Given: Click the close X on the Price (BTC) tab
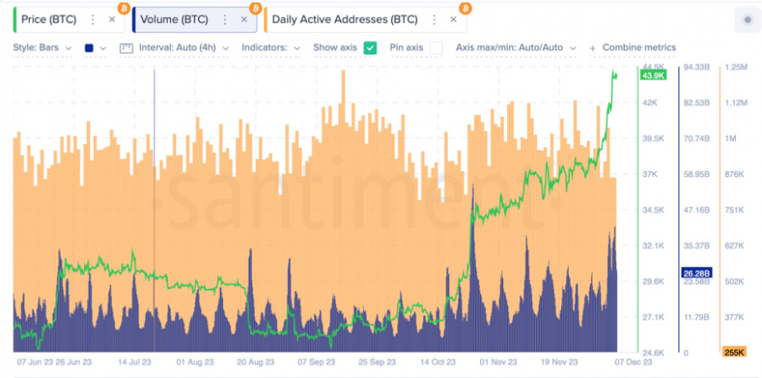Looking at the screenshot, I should click(x=112, y=19).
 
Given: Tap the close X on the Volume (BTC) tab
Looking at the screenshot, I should click(x=244, y=19).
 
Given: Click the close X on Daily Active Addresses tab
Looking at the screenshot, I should click(x=453, y=19).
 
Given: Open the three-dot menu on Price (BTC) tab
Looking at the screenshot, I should click(x=92, y=19).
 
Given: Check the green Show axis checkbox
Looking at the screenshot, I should click(x=371, y=47).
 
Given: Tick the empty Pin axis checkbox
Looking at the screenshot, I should click(x=436, y=47).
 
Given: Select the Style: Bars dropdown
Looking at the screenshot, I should click(x=42, y=47).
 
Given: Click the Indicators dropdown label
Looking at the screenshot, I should click(x=270, y=47).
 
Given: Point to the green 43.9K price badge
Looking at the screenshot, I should click(x=654, y=75).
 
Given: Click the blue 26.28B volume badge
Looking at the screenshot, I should click(x=697, y=273).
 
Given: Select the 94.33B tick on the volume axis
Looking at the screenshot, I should click(x=697, y=67).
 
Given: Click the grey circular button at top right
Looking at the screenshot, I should click(x=746, y=19).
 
